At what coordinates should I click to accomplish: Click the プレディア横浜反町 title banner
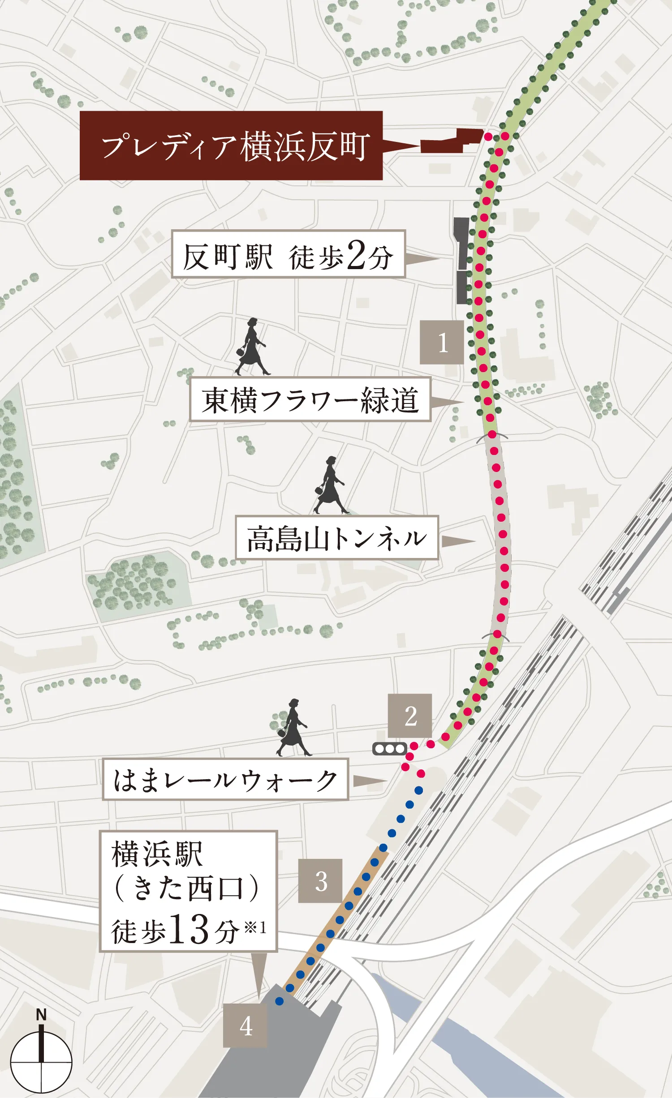(x=231, y=146)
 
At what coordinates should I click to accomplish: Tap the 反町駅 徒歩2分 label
(x=288, y=254)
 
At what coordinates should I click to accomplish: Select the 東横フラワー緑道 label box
(x=310, y=399)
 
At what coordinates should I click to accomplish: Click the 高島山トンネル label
(x=336, y=537)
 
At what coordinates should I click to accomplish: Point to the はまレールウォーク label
(x=225, y=780)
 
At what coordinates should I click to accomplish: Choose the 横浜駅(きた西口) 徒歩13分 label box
(x=188, y=891)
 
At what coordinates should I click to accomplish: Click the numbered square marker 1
(x=442, y=342)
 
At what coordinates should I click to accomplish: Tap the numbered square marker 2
(x=410, y=716)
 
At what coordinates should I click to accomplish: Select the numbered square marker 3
(x=320, y=881)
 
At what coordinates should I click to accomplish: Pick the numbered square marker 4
(x=245, y=1025)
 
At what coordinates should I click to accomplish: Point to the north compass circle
(x=41, y=1062)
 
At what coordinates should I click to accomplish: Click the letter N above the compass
(x=41, y=1015)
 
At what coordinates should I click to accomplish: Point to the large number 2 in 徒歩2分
(x=356, y=255)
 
